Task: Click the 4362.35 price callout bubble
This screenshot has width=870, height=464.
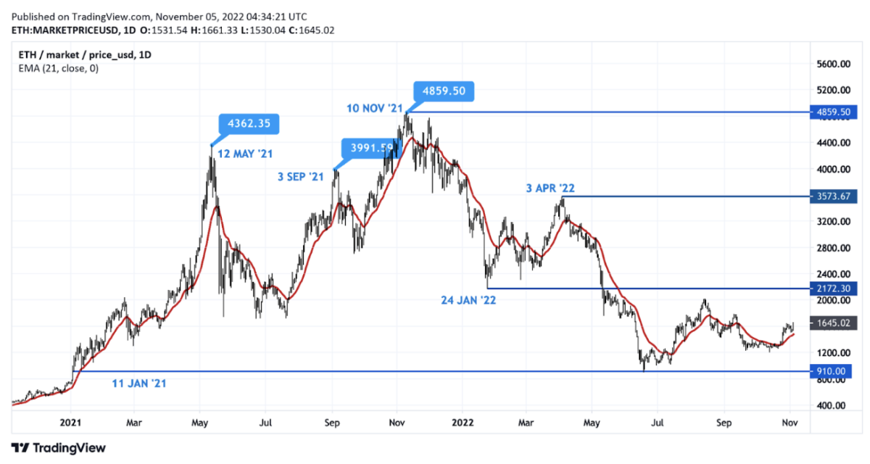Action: [x=249, y=124]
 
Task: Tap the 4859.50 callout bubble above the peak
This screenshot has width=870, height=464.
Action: [x=444, y=91]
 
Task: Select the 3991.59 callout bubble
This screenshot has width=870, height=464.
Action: [x=371, y=148]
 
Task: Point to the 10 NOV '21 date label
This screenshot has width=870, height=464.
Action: [x=374, y=108]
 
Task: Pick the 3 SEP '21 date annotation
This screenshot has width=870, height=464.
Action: [x=300, y=176]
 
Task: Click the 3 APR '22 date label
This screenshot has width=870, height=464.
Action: [x=551, y=188]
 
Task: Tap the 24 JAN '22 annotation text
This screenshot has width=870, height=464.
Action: [x=468, y=299]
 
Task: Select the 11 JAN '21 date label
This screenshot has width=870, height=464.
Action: [x=139, y=383]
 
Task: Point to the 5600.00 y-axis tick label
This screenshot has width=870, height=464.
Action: [x=830, y=65]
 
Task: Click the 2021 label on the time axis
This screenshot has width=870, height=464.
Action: [x=70, y=420]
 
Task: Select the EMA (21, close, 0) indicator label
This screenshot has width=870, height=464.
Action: [x=57, y=68]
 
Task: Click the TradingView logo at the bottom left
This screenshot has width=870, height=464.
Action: [x=58, y=448]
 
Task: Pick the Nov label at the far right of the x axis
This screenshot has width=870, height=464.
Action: [x=789, y=420]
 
